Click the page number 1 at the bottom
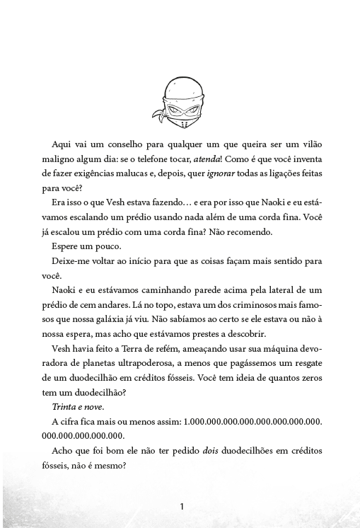(182, 507)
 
